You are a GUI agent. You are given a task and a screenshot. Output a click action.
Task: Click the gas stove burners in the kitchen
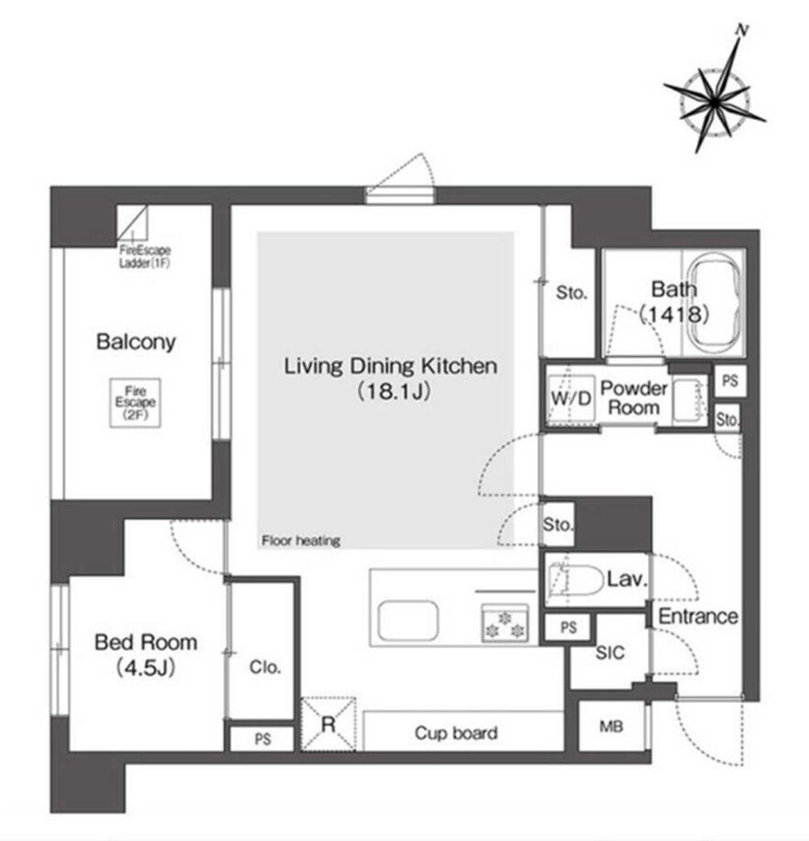point(505,623)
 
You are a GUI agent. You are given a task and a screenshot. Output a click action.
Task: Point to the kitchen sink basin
point(408,620)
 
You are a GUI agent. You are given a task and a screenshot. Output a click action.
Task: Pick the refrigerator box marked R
point(329,724)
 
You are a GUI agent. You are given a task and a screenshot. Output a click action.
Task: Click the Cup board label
point(456,733)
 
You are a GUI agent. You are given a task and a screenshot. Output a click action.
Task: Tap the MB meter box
point(612,726)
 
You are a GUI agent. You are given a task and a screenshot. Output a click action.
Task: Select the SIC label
point(610,653)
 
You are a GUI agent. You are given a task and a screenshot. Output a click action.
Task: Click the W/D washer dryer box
point(572,398)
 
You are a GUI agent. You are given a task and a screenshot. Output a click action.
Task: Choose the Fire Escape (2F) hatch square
point(136,403)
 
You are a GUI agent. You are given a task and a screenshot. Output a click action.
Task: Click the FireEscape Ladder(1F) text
point(145,257)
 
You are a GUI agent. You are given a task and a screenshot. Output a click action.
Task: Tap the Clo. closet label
point(265,667)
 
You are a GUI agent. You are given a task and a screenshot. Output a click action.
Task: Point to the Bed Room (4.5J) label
point(146,655)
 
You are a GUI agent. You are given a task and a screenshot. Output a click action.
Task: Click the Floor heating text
point(301,541)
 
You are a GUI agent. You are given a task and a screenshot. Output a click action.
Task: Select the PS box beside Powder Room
point(729,381)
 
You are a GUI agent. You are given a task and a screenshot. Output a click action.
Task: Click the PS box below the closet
point(262,739)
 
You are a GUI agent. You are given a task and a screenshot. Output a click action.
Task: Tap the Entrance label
point(698,617)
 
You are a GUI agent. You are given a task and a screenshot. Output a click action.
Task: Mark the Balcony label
point(136,342)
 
